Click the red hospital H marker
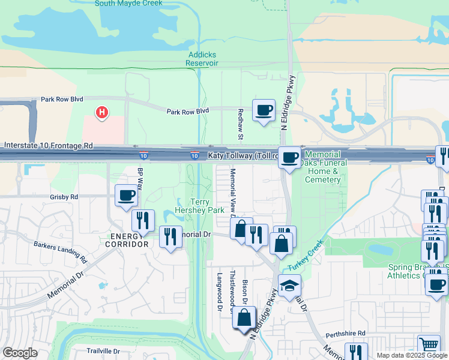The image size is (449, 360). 103,112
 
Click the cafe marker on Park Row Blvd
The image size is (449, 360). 264,110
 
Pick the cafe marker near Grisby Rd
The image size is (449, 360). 126,196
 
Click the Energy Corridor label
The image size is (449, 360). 126,240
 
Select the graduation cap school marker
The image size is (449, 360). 289,286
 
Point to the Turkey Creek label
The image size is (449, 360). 306,256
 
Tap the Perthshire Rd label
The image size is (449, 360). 346,333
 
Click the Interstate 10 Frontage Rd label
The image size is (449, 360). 48,146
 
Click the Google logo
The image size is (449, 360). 20,352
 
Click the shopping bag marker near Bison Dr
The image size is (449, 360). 244,318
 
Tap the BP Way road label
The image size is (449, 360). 140,179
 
